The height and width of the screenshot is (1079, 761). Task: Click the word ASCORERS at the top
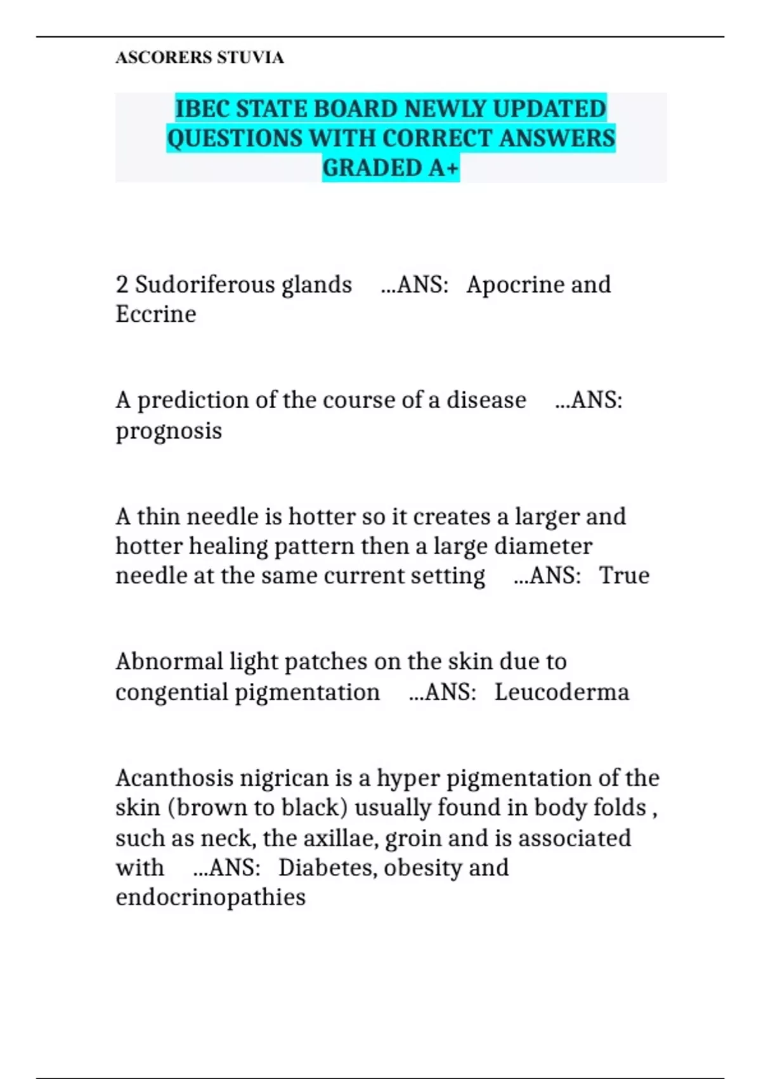(164, 58)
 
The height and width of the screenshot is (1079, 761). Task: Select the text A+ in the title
(443, 168)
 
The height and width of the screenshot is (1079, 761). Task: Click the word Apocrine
(514, 285)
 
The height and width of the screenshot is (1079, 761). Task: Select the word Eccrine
(155, 314)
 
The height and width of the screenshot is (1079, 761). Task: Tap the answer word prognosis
(169, 431)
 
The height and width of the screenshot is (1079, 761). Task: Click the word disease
(486, 400)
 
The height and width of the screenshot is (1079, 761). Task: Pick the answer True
(624, 576)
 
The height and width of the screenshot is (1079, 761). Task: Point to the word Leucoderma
(561, 692)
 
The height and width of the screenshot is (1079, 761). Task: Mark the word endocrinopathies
(210, 897)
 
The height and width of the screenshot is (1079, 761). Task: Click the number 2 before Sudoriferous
(122, 285)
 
